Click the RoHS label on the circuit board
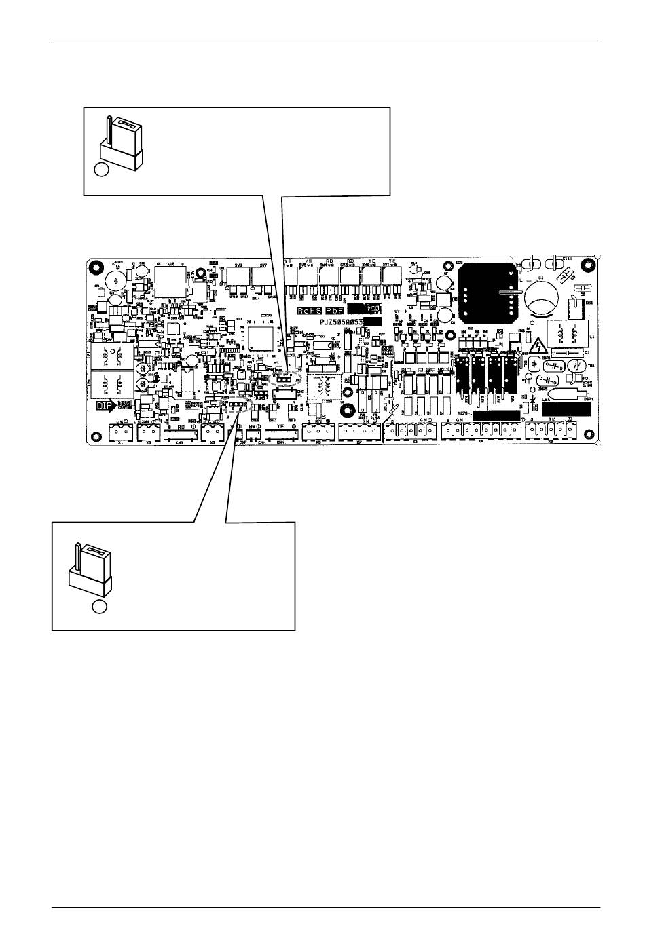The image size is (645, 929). (309, 310)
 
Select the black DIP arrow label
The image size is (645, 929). (103, 406)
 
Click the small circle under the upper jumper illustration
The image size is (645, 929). (101, 170)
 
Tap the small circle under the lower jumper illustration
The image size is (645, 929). (100, 608)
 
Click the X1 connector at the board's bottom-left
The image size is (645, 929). (120, 431)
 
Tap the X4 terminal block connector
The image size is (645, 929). (479, 431)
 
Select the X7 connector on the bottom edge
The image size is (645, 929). (356, 431)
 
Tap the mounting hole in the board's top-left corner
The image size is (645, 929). (96, 266)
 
